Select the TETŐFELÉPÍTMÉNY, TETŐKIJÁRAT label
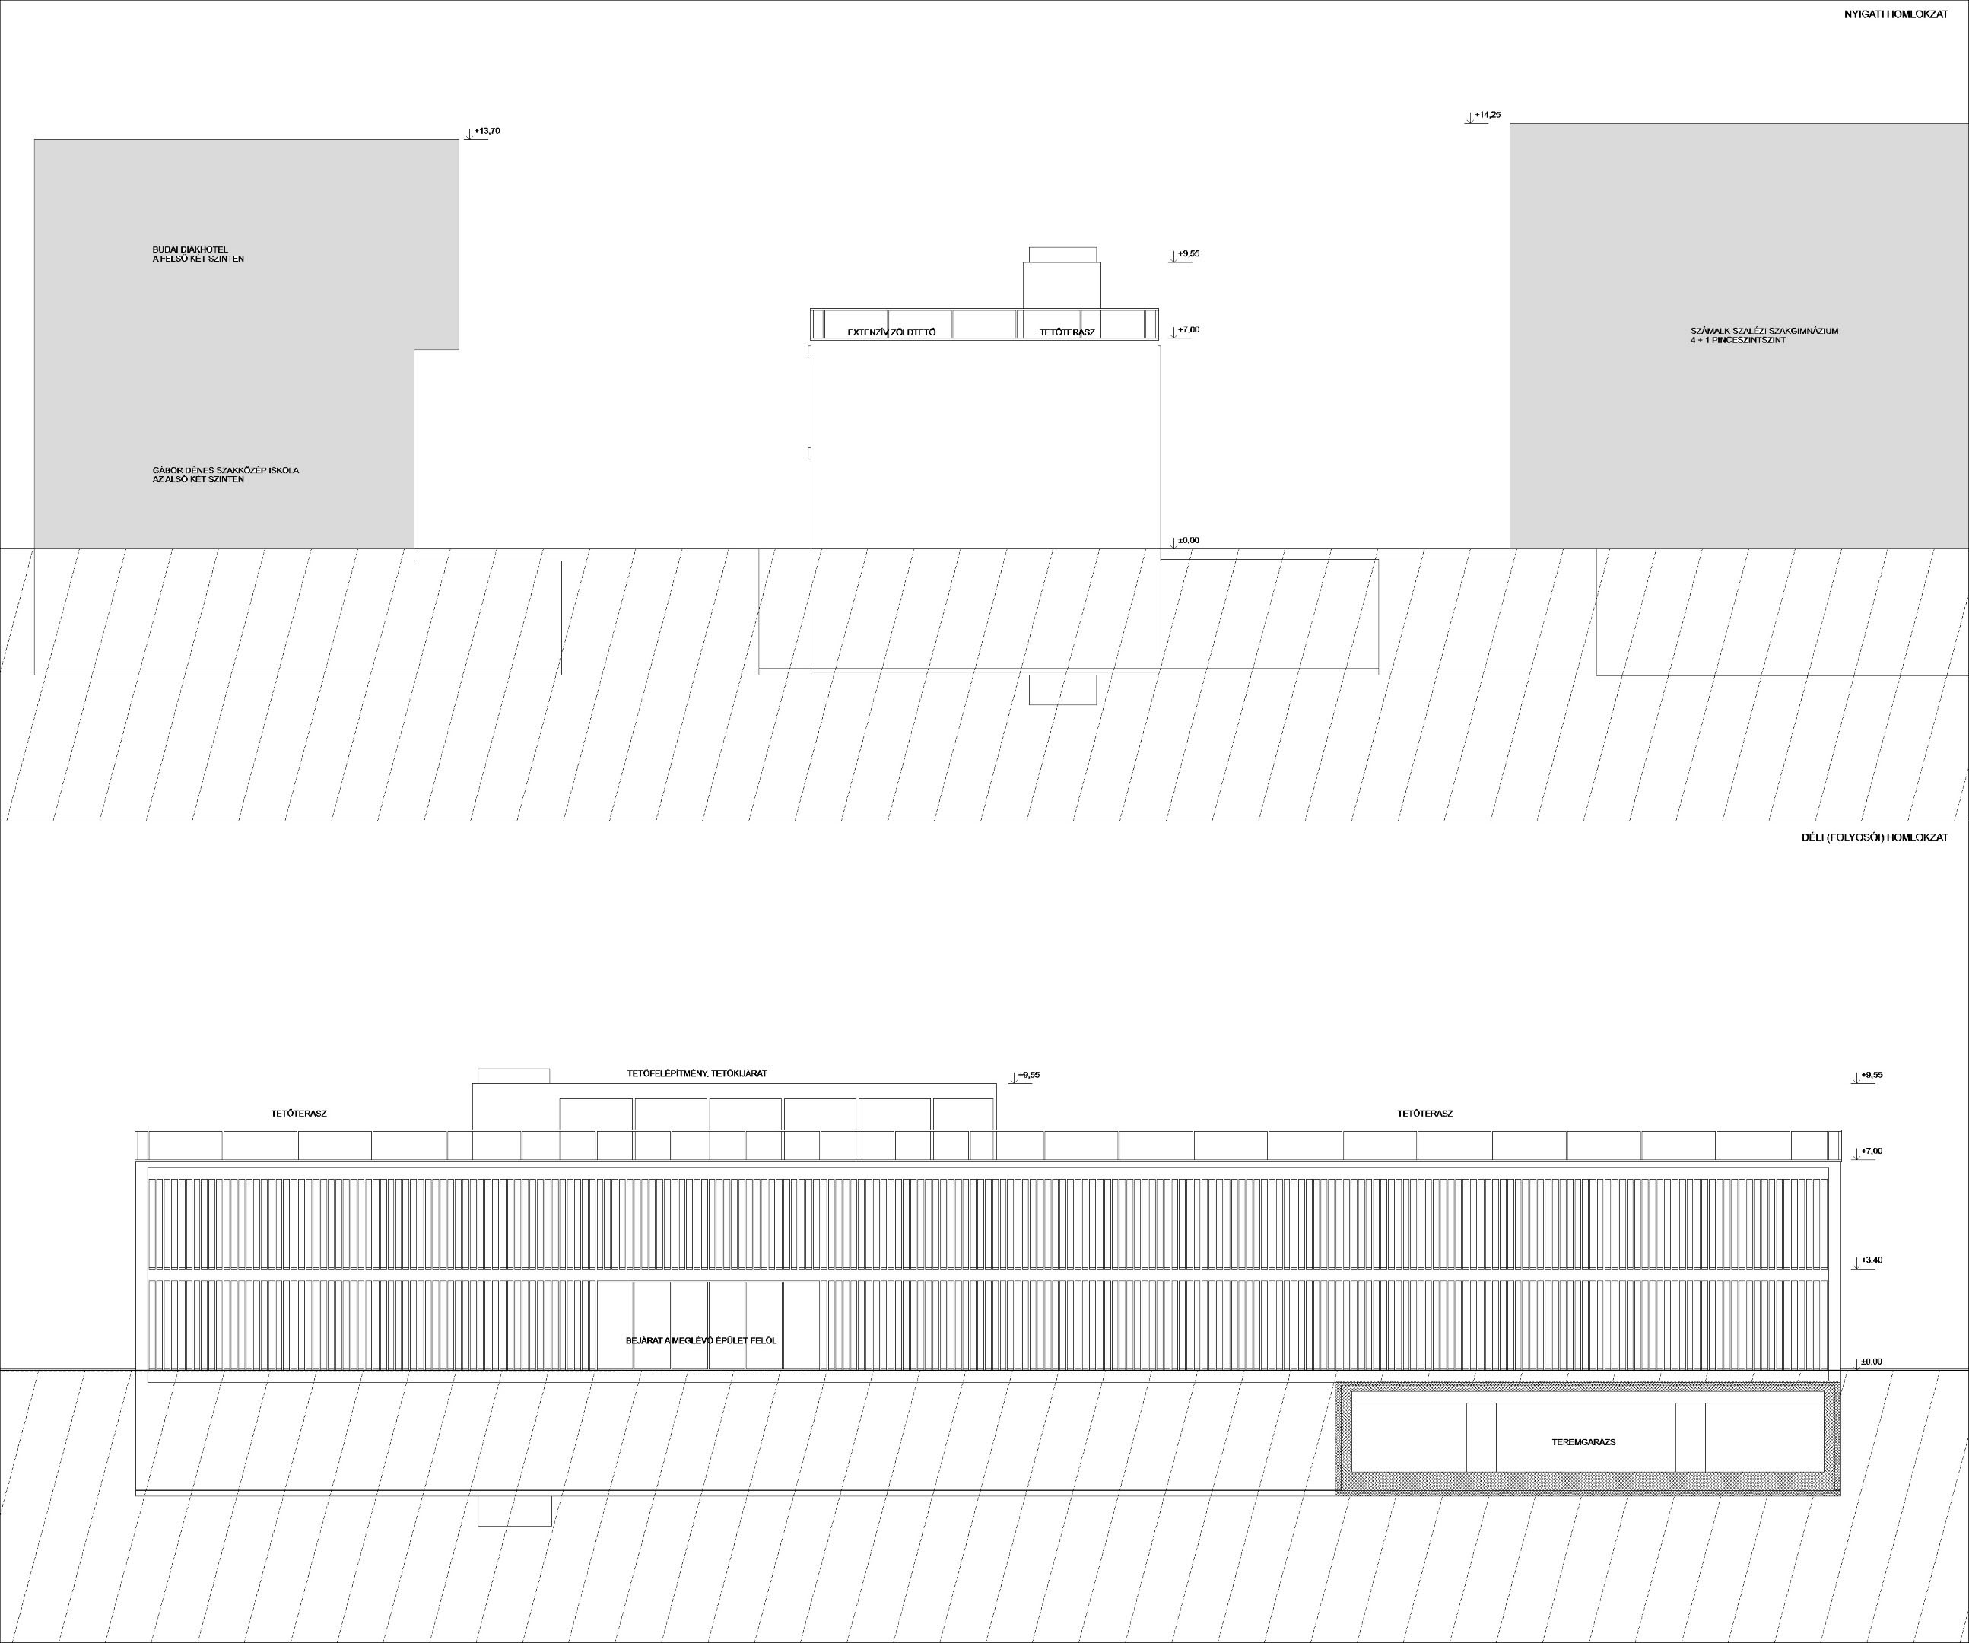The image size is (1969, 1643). [x=697, y=1073]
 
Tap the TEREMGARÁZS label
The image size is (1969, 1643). [x=1583, y=1442]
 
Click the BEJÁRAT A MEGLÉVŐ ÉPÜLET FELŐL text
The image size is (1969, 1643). [x=701, y=1340]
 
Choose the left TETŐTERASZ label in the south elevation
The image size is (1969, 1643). [x=299, y=1113]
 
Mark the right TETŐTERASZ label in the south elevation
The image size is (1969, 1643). [x=1425, y=1113]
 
